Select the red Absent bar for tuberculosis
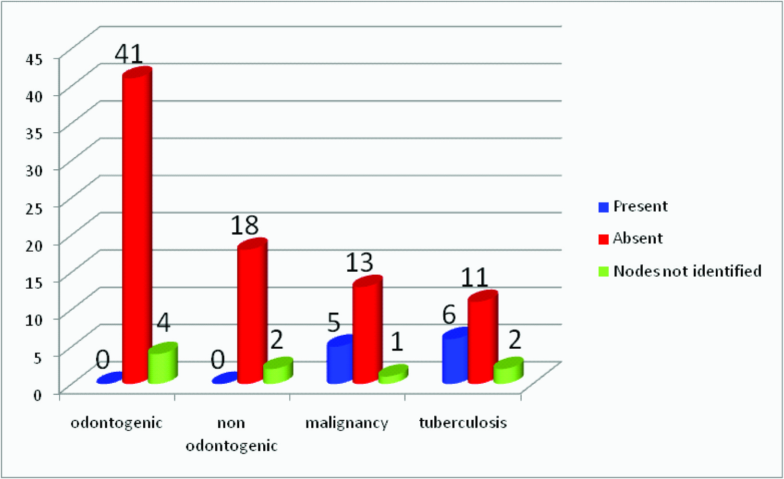(482, 339)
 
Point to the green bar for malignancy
(393, 375)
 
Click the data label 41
(129, 54)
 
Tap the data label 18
(244, 225)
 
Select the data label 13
(359, 263)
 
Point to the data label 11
(474, 277)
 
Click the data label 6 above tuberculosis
(449, 315)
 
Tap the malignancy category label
(346, 423)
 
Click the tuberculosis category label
(463, 423)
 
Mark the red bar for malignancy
(367, 332)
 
